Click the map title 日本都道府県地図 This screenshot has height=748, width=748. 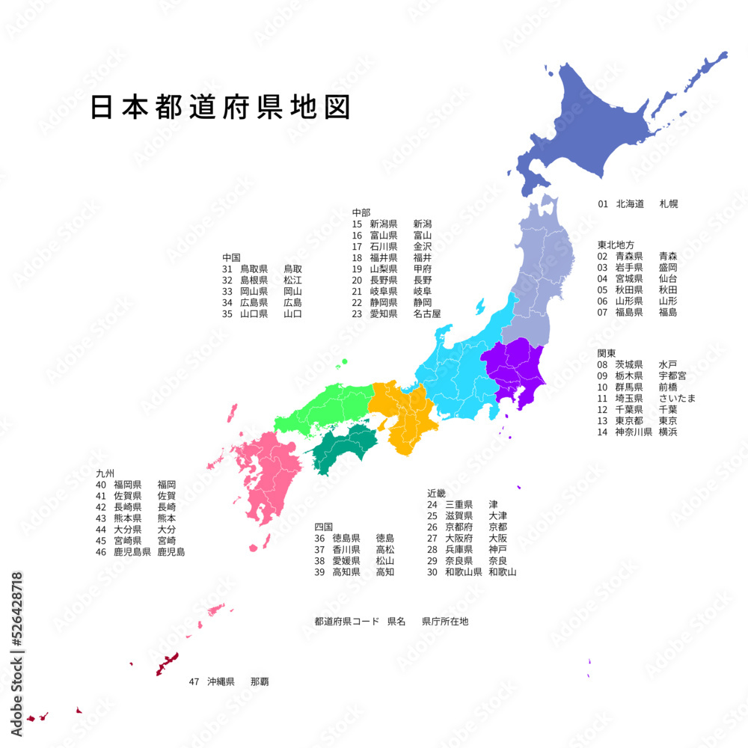[221, 108]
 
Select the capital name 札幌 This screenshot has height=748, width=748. [669, 203]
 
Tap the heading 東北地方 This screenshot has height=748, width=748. [616, 245]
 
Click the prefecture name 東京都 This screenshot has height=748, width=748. [629, 420]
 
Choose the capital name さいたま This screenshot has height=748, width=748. [678, 398]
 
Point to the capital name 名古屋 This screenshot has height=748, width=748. [427, 313]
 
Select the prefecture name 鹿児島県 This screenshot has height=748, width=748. [132, 552]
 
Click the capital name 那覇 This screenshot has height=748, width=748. [260, 681]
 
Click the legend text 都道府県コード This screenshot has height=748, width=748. [348, 622]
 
